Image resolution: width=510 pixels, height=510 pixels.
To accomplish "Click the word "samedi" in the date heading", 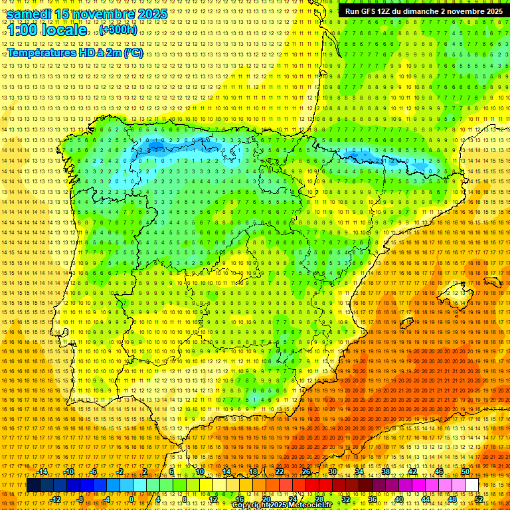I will [x=29, y=13].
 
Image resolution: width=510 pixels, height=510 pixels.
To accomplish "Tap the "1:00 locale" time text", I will [x=46, y=31].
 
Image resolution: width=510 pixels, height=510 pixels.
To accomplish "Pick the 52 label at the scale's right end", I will [x=479, y=499].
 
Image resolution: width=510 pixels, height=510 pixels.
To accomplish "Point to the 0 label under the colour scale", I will [x=131, y=499].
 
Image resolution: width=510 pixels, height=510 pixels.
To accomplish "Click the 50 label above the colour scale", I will [x=466, y=472].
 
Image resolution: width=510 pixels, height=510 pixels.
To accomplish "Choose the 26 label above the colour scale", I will [x=306, y=472].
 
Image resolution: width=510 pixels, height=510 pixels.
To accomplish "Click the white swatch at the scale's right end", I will [x=472, y=485].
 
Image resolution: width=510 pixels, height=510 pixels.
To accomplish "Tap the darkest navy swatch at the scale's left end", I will [x=33, y=485].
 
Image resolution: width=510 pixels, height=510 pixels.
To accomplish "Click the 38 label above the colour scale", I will [x=386, y=472].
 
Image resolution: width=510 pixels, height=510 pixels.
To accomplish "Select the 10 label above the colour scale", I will [x=200, y=472].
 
